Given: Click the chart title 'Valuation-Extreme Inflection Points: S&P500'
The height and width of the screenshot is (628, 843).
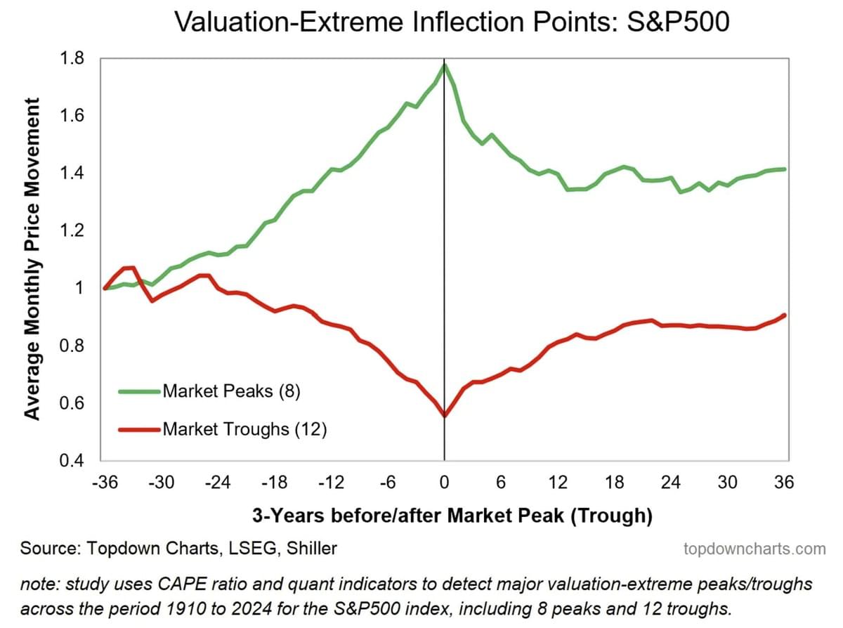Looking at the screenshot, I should (x=451, y=22).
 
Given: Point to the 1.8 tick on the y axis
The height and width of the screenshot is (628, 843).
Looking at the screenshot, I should (x=74, y=58).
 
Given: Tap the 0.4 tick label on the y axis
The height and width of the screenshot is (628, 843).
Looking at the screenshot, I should (x=74, y=462).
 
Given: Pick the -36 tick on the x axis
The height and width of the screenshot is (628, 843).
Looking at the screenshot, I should (x=104, y=483).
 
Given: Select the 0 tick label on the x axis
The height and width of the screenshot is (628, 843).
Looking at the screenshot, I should (x=444, y=483).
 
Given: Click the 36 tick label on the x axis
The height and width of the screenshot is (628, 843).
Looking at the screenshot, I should (x=784, y=483).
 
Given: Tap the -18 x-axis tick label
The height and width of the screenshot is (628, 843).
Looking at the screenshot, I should (x=274, y=483).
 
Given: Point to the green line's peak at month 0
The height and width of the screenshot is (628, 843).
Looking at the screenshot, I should (x=444, y=65).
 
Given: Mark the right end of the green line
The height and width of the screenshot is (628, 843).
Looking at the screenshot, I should (x=784, y=169).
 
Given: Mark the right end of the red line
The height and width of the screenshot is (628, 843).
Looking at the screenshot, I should (x=784, y=315).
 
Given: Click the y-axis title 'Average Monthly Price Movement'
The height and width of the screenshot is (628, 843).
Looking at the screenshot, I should (x=32, y=259).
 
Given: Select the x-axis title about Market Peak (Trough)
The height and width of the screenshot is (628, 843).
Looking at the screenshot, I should (x=452, y=516).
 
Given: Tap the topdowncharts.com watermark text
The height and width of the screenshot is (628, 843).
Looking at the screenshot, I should (x=754, y=549).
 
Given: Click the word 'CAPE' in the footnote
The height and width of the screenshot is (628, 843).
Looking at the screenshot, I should (x=180, y=584).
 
